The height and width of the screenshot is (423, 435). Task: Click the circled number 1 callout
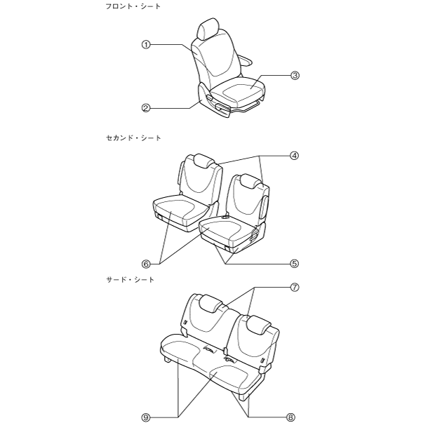pos(147,44)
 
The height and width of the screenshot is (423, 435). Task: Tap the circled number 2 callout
pos(147,108)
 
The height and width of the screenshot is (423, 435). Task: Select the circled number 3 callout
pos(295,75)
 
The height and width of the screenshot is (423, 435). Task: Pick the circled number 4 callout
pos(295,156)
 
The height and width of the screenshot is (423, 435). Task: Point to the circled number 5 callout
pos(295,264)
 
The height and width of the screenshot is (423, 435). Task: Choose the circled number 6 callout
pos(147,264)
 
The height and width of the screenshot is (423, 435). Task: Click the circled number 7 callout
pos(295,287)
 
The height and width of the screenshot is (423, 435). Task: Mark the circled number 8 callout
pos(295,417)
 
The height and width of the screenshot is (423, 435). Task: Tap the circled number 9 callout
pos(147,417)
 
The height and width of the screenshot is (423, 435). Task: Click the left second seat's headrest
pos(199,160)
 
